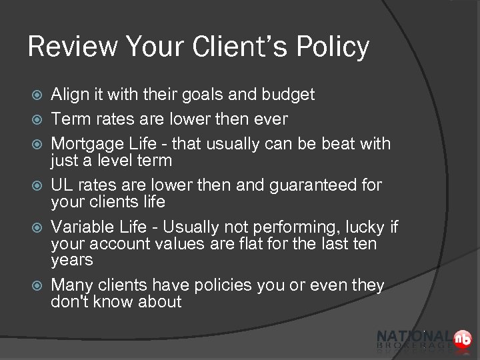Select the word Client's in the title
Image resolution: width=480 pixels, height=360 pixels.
pos(225,47)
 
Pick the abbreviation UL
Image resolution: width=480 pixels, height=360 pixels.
pos(62,185)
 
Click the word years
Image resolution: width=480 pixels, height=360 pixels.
pos(71,260)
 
